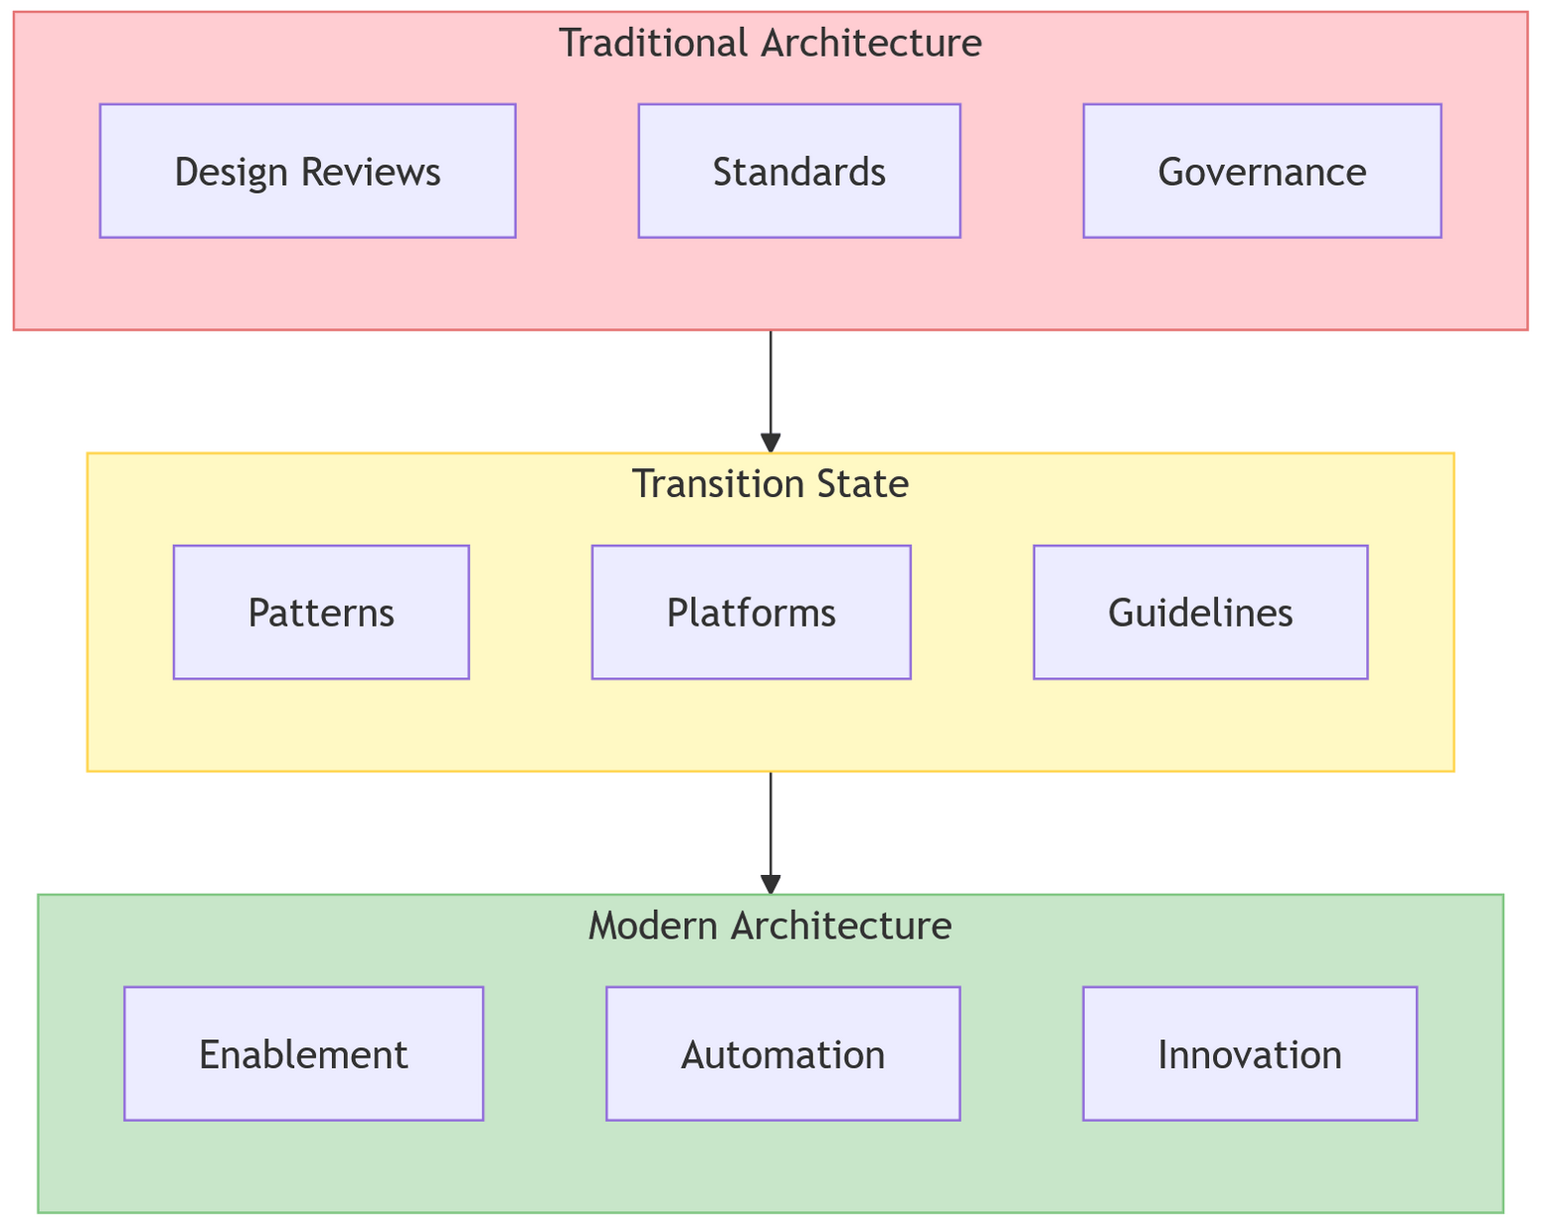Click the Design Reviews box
[307, 171]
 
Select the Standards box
[799, 171]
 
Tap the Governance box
[1262, 171]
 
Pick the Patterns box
[321, 613]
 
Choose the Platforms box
[751, 613]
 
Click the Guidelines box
[1200, 613]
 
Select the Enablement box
[303, 1054]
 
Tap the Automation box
[782, 1054]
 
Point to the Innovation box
[1249, 1054]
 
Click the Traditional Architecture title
[771, 44]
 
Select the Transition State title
[771, 485]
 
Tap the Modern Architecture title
[771, 927]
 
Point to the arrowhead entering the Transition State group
[771, 443]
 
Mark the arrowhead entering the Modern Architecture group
[771, 885]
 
